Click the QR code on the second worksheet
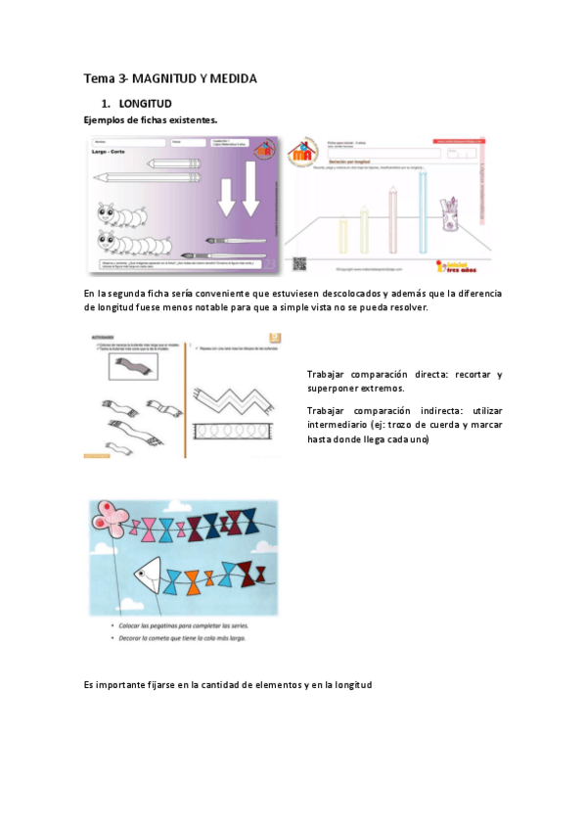pyautogui.click(x=299, y=263)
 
